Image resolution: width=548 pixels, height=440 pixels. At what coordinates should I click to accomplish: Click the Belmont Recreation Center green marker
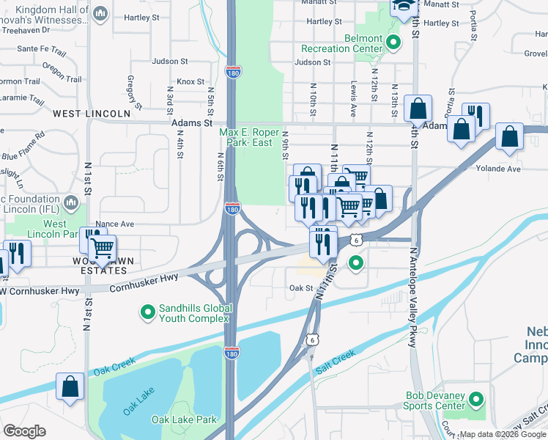[x=393, y=43]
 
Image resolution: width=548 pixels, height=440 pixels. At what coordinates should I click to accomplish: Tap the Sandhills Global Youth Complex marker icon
[x=147, y=313]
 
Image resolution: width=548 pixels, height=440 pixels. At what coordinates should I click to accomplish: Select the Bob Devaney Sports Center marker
[x=477, y=400]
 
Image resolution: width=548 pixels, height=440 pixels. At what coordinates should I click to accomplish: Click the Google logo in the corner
[x=24, y=431]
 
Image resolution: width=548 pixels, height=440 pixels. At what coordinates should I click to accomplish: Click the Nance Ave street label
[x=115, y=224]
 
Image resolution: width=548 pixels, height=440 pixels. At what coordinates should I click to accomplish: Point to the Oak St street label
[x=301, y=288]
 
